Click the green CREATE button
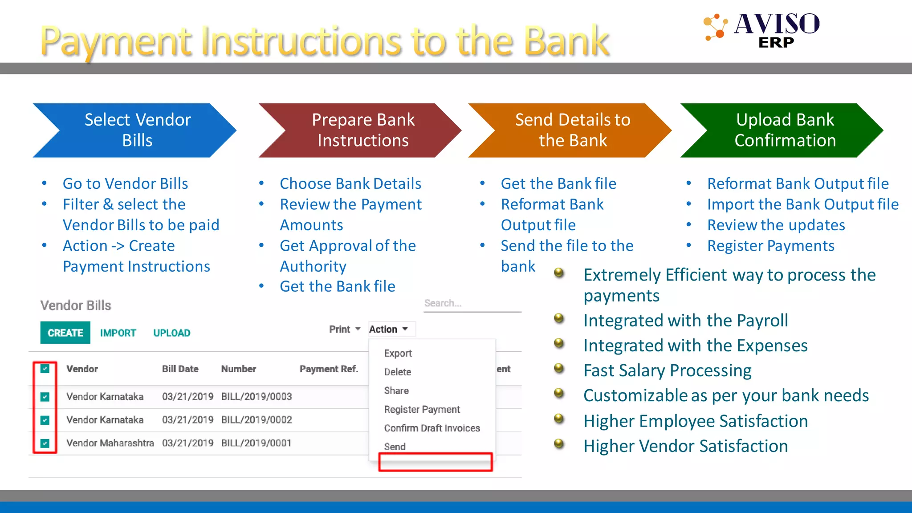coord(65,333)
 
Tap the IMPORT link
coord(118,333)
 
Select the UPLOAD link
coord(171,333)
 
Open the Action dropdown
coord(389,329)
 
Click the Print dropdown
coord(344,329)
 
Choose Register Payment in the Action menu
coord(422,409)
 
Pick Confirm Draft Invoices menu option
coord(432,428)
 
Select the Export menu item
coord(398,353)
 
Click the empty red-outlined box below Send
coord(435,462)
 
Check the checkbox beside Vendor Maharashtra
coord(45,443)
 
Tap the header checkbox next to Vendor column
coord(45,369)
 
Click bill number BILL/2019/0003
coord(256,396)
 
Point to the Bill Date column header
coord(180,369)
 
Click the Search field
coord(472,303)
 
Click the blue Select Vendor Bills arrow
coord(137,130)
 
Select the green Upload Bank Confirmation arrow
coord(785,130)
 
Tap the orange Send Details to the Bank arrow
coord(572,130)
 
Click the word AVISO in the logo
coord(777,24)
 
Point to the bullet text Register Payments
coord(770,246)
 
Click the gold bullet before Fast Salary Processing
coord(559,368)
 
